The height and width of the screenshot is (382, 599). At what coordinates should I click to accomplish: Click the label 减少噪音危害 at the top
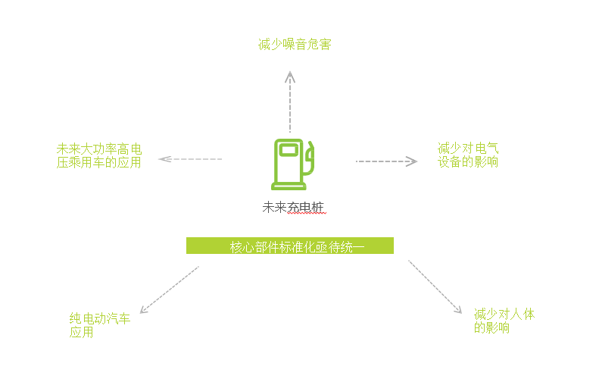[295, 45]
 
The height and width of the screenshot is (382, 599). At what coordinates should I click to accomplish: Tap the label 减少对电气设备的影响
[468, 155]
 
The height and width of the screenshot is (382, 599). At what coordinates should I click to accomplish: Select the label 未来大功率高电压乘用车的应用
[99, 155]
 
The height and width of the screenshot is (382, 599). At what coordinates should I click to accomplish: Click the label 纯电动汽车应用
[99, 325]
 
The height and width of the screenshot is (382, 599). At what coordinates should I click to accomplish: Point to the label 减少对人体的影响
[504, 321]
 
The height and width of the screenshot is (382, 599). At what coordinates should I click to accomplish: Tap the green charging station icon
[292, 163]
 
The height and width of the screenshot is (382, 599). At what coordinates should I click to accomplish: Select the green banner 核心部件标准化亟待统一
[290, 246]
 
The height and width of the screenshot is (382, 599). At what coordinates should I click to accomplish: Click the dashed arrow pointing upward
[290, 102]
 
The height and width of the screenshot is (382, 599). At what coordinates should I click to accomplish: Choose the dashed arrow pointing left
[191, 159]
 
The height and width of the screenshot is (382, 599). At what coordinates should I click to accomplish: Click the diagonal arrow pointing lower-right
[435, 286]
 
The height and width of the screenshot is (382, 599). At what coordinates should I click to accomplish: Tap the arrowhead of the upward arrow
[290, 76]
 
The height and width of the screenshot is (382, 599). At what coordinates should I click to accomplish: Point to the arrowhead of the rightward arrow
[412, 161]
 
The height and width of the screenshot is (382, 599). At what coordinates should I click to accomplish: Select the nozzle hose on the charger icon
[310, 159]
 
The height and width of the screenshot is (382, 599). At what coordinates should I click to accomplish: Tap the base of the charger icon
[288, 186]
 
